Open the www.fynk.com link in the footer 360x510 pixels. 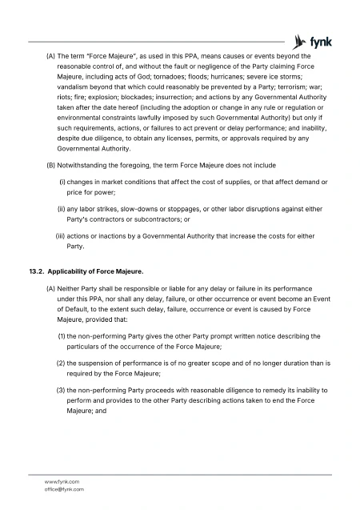62,480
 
